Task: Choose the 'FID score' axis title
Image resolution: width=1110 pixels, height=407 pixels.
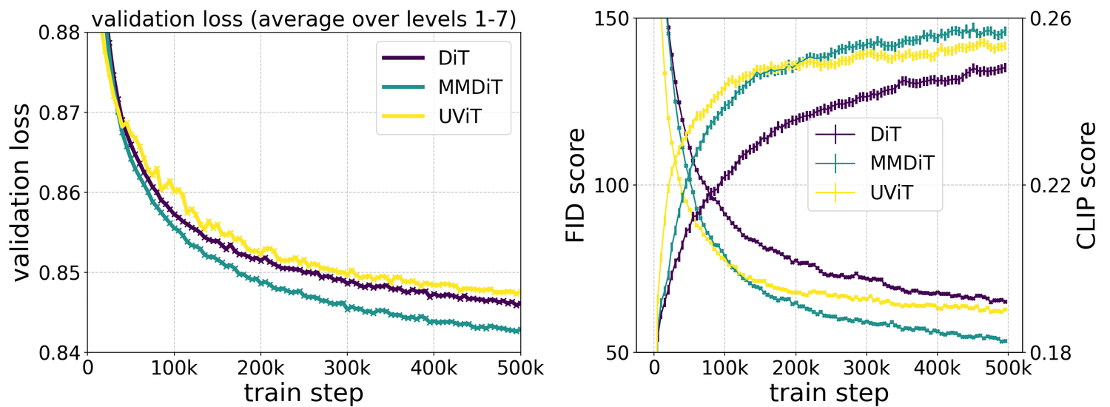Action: point(575,185)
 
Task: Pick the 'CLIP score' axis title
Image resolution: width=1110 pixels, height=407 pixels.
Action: point(1085,185)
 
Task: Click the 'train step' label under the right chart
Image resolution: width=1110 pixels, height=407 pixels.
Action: point(829,393)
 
